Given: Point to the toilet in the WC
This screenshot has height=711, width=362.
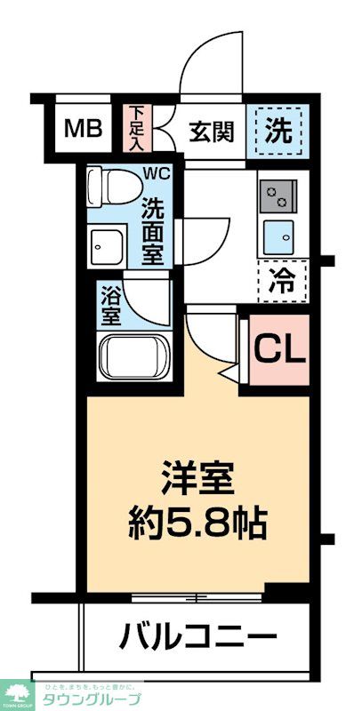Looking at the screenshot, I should [x=115, y=188].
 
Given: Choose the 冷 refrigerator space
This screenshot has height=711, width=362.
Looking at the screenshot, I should [x=281, y=282].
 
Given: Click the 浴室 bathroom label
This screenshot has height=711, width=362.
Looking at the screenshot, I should [x=109, y=305].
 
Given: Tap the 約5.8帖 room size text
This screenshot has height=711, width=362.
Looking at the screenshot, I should [x=197, y=524].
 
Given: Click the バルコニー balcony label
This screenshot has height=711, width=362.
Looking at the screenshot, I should [x=197, y=637].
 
